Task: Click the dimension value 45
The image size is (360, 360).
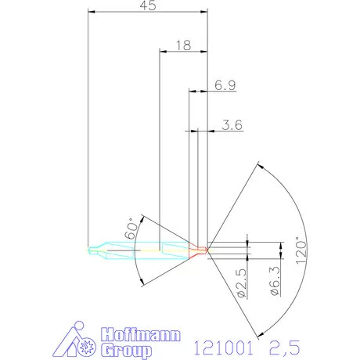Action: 146,6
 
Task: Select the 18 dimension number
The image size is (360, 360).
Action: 183,45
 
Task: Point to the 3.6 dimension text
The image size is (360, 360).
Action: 232,124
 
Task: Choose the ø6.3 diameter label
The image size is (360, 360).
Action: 274,283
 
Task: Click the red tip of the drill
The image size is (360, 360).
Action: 201,250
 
